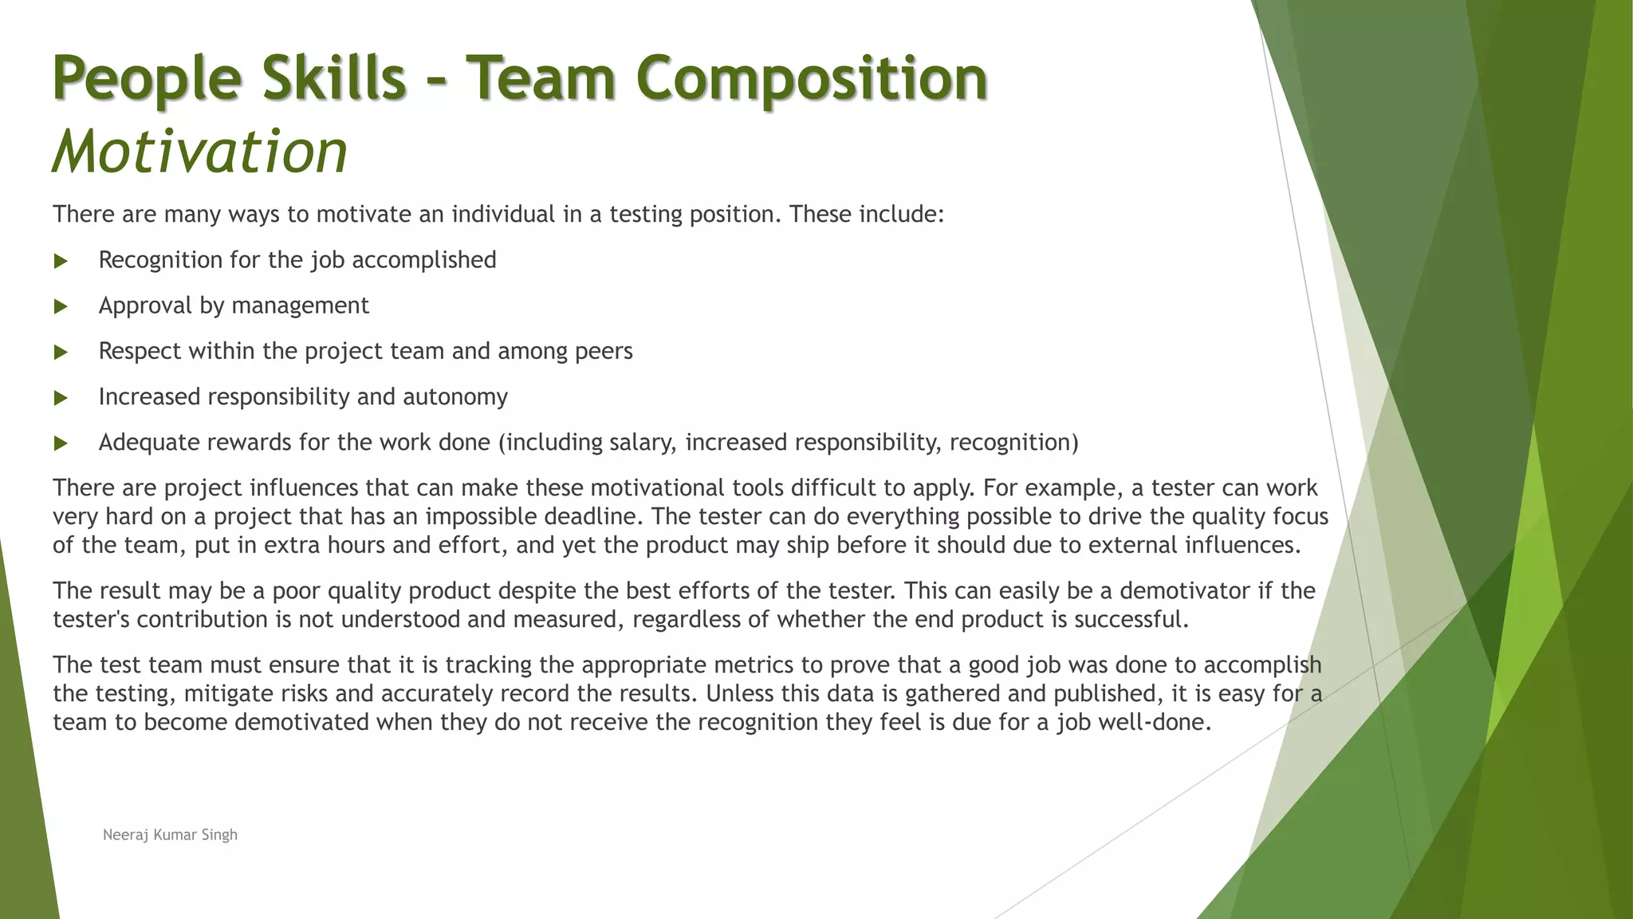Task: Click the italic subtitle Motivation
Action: [199, 151]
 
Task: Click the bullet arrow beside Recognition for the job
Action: [61, 261]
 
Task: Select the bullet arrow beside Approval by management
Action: [61, 306]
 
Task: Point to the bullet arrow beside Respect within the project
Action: [61, 352]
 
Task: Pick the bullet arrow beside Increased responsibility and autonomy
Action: [61, 397]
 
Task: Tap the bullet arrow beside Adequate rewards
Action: [61, 443]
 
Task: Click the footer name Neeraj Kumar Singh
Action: [170, 834]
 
